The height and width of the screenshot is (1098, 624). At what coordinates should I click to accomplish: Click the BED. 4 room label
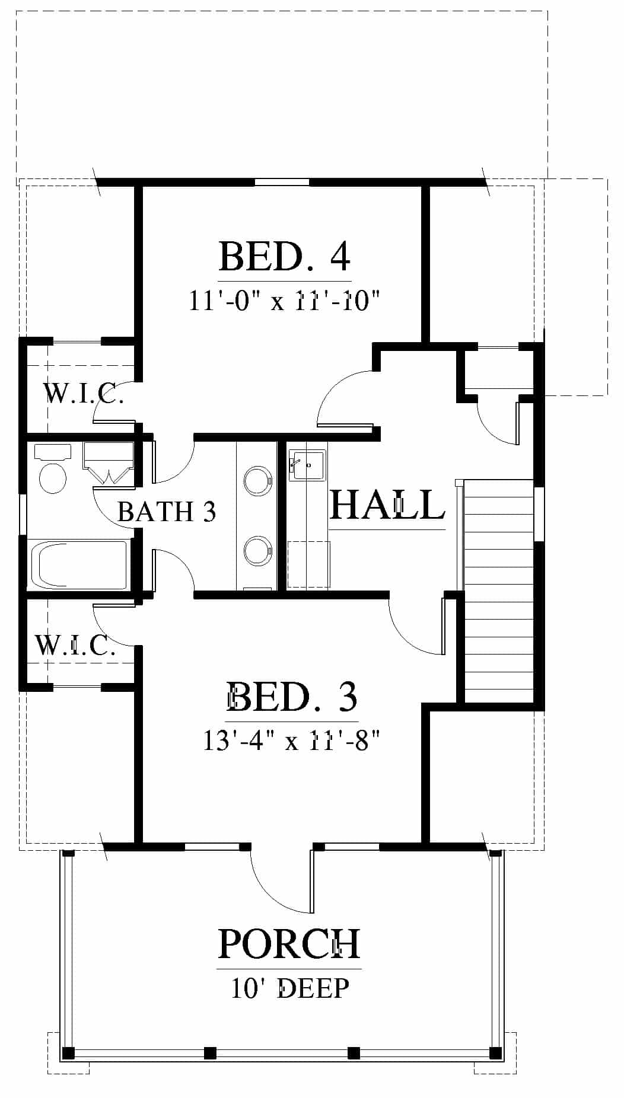click(x=285, y=256)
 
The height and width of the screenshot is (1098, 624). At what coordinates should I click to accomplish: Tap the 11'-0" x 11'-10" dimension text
click(x=284, y=301)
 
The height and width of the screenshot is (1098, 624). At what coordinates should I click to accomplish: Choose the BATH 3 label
click(x=167, y=511)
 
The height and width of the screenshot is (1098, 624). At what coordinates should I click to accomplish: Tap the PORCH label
click(x=289, y=943)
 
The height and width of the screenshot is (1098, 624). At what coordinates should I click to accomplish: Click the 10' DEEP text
click(x=290, y=988)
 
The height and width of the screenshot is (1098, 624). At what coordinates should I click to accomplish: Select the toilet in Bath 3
click(x=52, y=468)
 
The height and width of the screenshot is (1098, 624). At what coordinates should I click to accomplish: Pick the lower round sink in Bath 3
click(x=257, y=550)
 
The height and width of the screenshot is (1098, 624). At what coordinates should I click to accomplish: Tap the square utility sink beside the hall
click(x=307, y=465)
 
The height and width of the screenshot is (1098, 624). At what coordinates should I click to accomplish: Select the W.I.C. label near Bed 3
click(x=75, y=644)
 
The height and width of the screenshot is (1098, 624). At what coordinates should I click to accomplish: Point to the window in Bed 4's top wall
click(x=282, y=182)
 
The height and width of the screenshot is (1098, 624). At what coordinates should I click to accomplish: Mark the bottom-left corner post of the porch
click(x=68, y=1053)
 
